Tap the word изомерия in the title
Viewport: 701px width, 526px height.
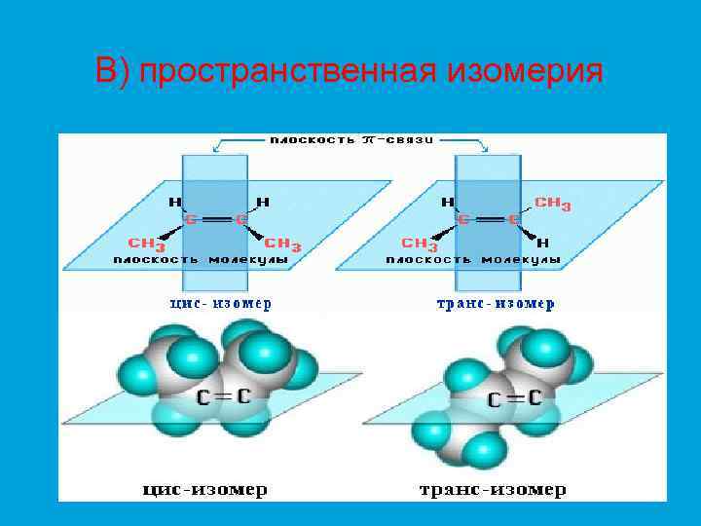526,72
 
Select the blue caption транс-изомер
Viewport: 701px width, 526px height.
495,303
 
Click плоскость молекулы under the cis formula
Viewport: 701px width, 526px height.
201,260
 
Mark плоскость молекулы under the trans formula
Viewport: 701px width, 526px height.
473,260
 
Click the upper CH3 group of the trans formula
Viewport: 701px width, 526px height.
553,205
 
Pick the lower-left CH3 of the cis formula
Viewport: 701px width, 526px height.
146,244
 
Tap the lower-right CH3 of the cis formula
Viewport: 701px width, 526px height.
282,244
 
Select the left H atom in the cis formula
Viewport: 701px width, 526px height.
175,203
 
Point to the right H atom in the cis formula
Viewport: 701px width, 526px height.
263,203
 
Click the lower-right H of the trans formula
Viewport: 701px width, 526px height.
543,243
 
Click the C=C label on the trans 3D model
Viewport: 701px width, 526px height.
515,397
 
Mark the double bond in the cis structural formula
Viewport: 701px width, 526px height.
216,220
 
